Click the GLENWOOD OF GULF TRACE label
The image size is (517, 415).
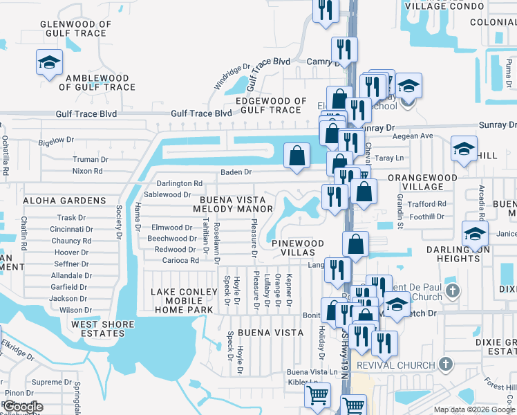pyautogui.click(x=76, y=28)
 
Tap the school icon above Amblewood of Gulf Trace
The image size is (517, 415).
pyautogui.click(x=50, y=63)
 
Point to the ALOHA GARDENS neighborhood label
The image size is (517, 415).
pyautogui.click(x=64, y=201)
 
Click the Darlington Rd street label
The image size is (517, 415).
pyautogui.click(x=179, y=184)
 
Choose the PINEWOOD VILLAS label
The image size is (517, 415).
pyautogui.click(x=297, y=248)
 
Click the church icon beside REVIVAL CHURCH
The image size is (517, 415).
pyautogui.click(x=446, y=364)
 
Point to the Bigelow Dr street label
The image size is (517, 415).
pyautogui.click(x=57, y=140)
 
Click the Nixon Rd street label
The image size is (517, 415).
pyautogui.click(x=87, y=170)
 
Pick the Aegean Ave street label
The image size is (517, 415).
pyautogui.click(x=412, y=136)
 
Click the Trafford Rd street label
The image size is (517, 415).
pyautogui.click(x=426, y=204)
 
